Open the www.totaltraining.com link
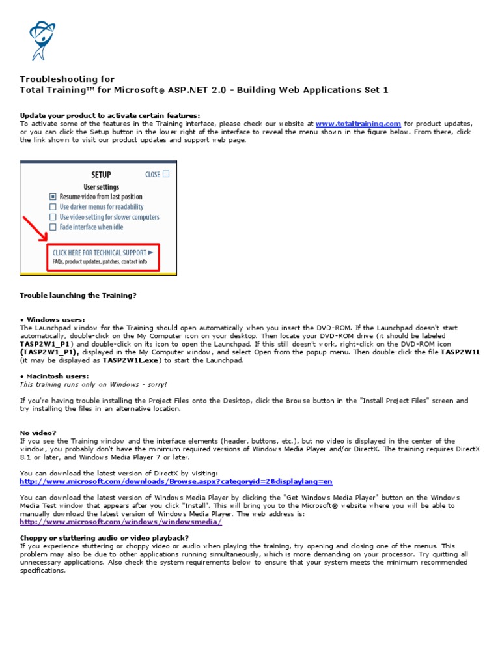point(358,123)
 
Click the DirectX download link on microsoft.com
point(176,481)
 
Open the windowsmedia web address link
point(121,522)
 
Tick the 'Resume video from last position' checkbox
point(53,197)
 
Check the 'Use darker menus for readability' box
point(53,207)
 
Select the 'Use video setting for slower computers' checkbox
point(53,217)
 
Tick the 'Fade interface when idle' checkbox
point(53,227)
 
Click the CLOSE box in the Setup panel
point(166,174)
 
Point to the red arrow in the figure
point(36,229)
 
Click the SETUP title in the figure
point(101,175)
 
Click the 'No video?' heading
point(38,433)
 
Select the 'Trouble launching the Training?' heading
point(78,295)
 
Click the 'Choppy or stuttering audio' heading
point(104,537)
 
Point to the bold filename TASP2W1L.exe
point(139,360)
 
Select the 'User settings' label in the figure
point(101,187)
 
